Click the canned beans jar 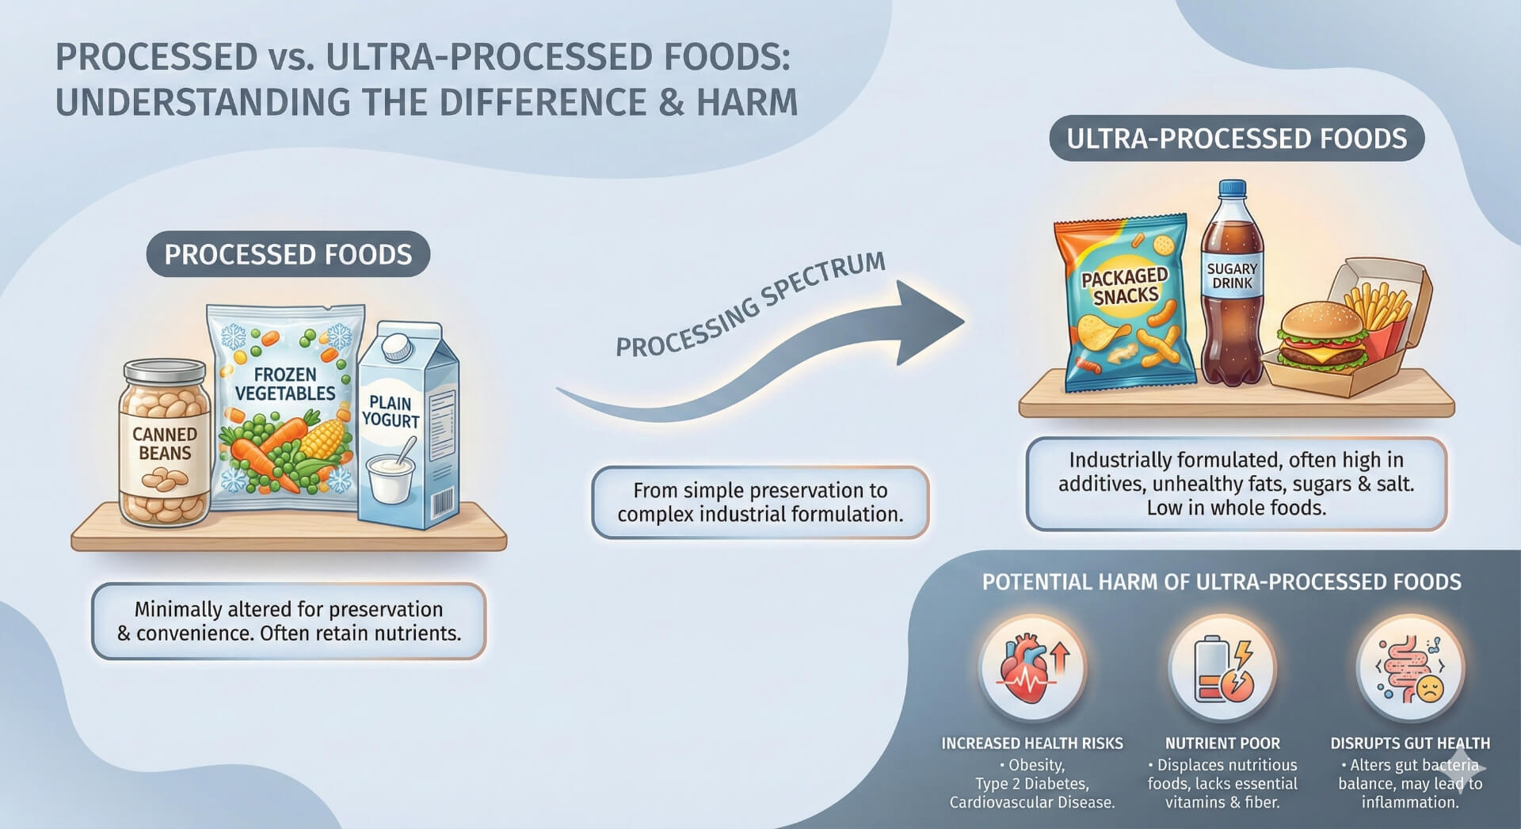point(164,447)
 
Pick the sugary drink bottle point(1231,293)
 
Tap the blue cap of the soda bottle point(1233,190)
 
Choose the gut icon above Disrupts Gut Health point(1410,669)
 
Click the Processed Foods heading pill point(288,254)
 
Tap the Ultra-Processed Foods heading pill point(1237,139)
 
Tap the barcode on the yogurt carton point(444,504)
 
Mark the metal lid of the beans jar point(165,371)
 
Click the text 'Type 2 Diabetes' point(1031,784)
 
